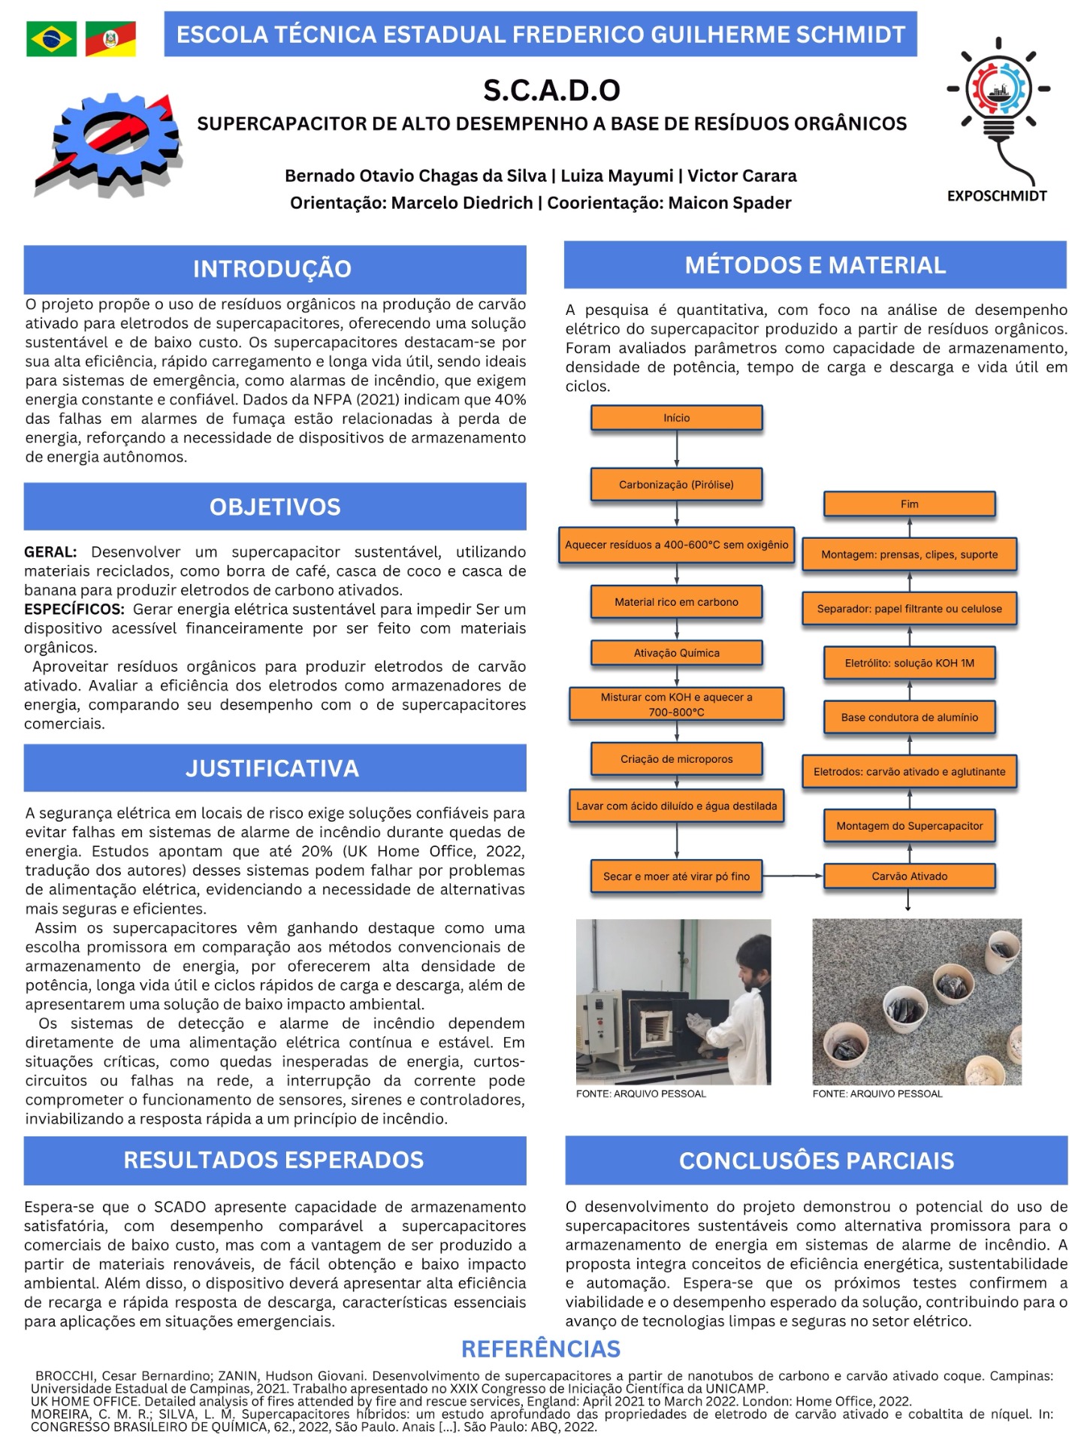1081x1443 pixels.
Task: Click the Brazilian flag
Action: tap(51, 38)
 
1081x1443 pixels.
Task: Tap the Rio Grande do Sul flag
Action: tap(110, 38)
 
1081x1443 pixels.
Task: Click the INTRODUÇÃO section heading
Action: tap(272, 269)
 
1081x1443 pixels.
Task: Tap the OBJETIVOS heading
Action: tap(275, 507)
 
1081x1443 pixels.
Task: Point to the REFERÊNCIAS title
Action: tap(541, 1349)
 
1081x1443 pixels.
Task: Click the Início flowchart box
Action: tap(676, 418)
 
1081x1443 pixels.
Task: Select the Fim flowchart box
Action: tap(909, 504)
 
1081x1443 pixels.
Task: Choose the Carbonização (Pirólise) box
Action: tap(676, 485)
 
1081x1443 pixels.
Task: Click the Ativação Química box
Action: tap(676, 653)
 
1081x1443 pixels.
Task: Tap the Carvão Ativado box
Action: tap(909, 876)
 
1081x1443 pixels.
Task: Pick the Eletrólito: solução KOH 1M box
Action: tap(909, 663)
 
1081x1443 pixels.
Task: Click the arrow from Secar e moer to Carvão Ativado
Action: tap(793, 876)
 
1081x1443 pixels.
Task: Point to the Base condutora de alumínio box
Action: tap(909, 717)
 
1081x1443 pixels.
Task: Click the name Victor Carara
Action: tap(742, 176)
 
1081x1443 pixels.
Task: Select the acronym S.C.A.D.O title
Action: tap(551, 90)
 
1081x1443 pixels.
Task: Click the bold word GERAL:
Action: tap(50, 552)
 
